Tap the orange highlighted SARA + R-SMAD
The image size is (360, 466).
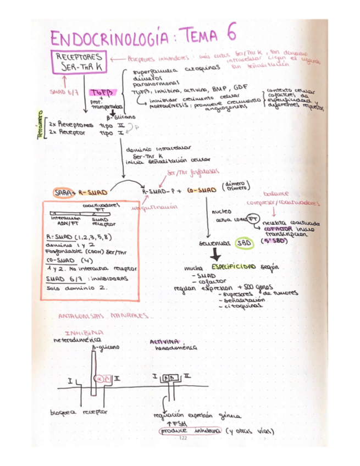coord(80,192)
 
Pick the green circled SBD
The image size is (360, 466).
coord(243,242)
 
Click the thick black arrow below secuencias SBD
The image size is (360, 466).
coord(217,255)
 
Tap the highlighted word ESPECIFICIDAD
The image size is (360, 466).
coord(234,267)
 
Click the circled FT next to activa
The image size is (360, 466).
coord(252,218)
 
